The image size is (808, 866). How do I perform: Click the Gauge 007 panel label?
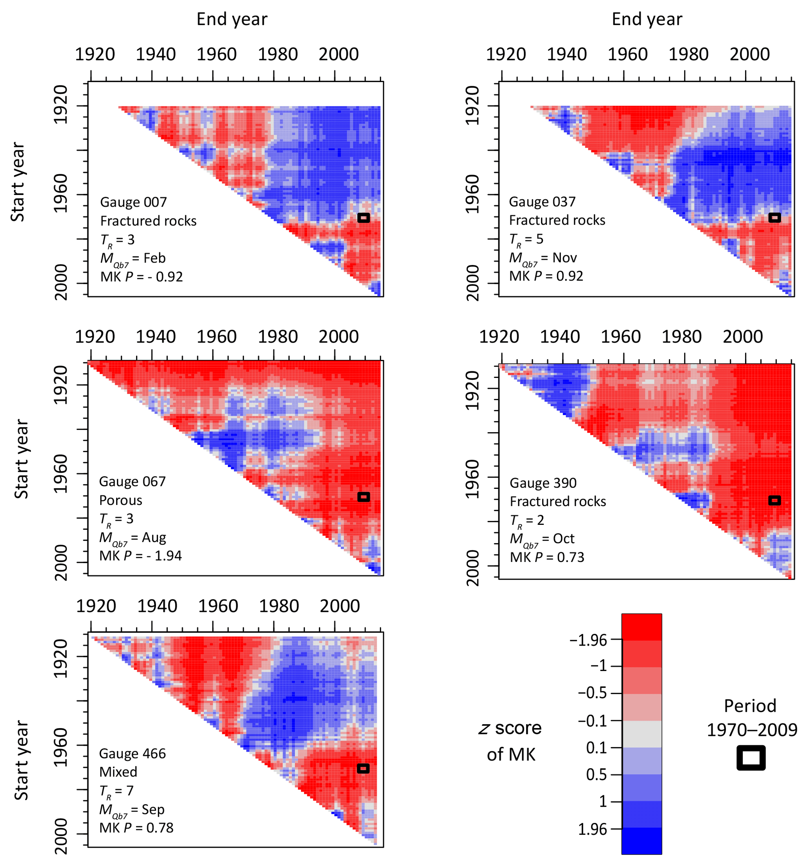coord(133,202)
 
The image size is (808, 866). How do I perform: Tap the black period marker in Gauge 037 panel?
coord(774,217)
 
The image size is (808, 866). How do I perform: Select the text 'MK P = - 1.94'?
coord(140,556)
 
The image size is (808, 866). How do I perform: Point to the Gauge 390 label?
coord(543,483)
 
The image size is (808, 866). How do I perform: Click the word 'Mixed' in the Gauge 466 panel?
coord(118,772)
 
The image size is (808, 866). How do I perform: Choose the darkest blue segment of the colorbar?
coord(641,841)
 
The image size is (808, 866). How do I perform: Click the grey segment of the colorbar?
coord(641,734)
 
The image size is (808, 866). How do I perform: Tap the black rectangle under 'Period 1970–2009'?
coord(751,758)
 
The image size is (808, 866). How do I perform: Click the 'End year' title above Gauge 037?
coord(647,19)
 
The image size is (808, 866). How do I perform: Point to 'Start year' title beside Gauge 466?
coord(21,760)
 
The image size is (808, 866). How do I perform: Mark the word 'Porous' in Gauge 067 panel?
coord(120,500)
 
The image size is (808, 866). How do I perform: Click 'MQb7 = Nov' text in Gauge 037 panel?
coord(543,258)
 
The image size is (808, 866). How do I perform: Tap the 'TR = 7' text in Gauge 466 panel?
coord(116,791)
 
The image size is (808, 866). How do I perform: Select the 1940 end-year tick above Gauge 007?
coord(156,54)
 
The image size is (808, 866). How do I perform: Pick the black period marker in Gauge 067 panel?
coord(364,497)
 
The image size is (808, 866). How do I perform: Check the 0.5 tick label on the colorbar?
coord(596,774)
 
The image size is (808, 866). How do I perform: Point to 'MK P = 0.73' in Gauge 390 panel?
coord(547,558)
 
